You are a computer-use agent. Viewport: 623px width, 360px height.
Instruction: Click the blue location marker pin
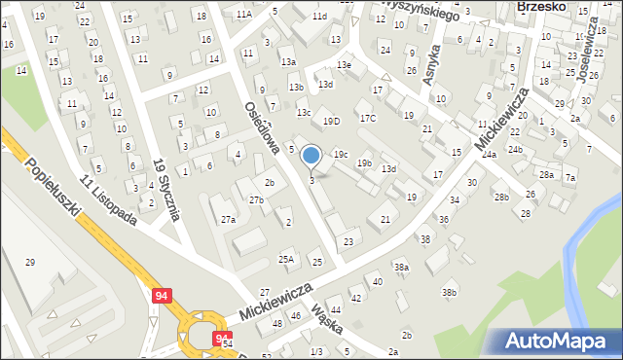tap(311, 156)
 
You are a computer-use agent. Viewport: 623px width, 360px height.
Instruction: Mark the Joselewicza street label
tap(588, 54)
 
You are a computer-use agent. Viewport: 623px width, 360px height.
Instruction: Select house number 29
tap(29, 263)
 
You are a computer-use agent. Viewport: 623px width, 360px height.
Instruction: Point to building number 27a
tap(228, 220)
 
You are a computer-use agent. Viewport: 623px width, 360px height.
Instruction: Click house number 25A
tap(286, 259)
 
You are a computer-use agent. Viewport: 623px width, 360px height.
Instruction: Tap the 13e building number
tap(344, 64)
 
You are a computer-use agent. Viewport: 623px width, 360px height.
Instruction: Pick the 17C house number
tap(367, 119)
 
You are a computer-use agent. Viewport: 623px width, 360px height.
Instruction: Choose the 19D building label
tap(332, 122)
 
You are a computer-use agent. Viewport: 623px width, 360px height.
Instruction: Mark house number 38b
tap(449, 292)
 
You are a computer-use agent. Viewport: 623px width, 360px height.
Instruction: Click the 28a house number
tap(547, 175)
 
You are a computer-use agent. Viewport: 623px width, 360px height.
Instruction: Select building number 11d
tap(319, 17)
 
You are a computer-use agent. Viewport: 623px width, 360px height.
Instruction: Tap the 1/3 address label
tap(316, 351)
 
